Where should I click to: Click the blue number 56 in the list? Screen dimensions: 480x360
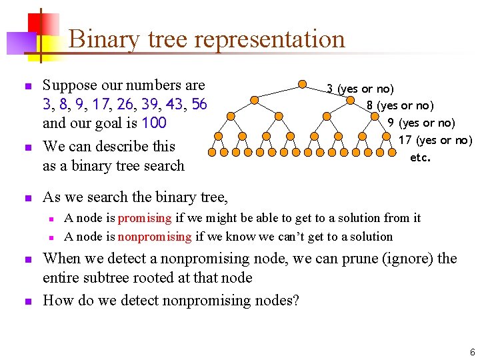199,105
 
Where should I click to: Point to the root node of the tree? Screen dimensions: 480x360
302,85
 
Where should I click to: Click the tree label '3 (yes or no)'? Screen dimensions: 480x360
360,89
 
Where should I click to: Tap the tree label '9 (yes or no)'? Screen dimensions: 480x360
421,123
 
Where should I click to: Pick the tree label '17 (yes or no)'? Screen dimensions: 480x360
435,140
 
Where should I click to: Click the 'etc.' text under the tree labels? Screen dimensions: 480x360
420,158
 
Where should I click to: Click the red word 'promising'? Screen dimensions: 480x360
145,218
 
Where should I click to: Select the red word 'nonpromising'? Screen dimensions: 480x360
155,237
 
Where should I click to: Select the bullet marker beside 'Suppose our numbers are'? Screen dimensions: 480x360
27,87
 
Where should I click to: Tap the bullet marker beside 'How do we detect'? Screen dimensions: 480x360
27,301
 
